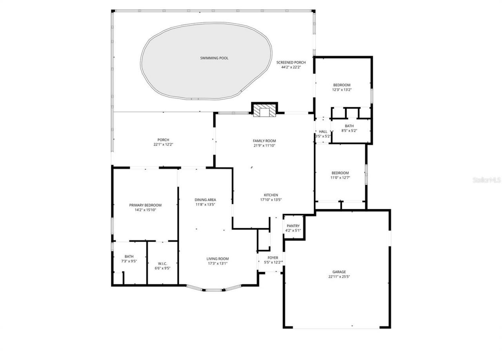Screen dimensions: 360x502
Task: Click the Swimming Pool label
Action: pos(214,58)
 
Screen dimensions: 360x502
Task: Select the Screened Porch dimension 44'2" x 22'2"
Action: pos(291,67)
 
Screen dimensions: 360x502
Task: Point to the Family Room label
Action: pos(264,141)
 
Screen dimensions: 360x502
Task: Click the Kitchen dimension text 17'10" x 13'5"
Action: pos(271,200)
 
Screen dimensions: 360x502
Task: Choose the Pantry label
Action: pos(293,226)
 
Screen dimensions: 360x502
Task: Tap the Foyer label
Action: pos(273,258)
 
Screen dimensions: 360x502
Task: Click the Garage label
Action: pos(339,272)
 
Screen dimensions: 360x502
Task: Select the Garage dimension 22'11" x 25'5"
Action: pos(339,276)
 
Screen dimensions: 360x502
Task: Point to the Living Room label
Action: pos(218,259)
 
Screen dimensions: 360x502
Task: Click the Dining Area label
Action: pos(206,200)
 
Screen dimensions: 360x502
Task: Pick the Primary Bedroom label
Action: pos(145,205)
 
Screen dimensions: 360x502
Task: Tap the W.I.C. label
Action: pos(162,264)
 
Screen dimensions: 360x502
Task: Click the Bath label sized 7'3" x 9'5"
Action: pos(129,256)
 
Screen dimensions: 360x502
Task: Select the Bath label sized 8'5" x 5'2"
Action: pos(349,126)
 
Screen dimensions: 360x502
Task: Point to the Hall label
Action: pos(323,132)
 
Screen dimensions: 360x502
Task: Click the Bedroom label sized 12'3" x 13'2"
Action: pos(342,85)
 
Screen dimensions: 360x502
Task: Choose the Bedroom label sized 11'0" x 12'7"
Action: pos(340,173)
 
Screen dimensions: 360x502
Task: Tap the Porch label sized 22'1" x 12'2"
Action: pos(163,140)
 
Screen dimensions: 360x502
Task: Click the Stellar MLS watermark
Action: pos(486,180)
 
